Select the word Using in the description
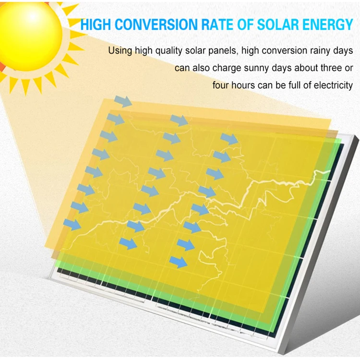click(x=119, y=50)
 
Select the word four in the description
click(x=221, y=86)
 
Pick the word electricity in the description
click(x=333, y=86)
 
